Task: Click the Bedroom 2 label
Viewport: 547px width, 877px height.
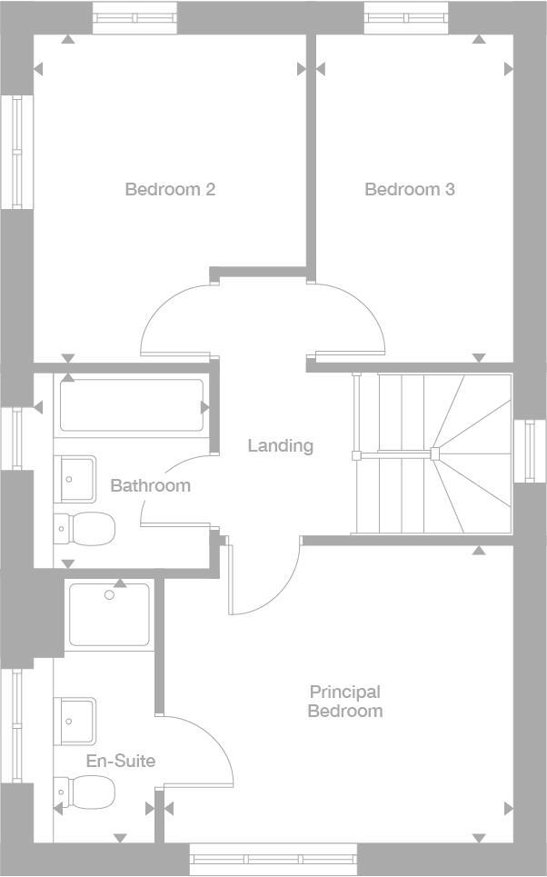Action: (x=170, y=189)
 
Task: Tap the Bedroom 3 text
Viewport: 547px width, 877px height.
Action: (x=410, y=189)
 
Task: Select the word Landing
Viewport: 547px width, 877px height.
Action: (x=281, y=445)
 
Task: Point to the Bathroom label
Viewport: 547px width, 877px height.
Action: (x=150, y=485)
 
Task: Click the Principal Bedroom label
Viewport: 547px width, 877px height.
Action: (x=344, y=702)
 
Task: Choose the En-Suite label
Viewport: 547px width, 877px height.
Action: (x=120, y=761)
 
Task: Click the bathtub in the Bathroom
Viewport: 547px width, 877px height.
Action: (x=131, y=406)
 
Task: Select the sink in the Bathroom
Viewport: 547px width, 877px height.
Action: (x=78, y=478)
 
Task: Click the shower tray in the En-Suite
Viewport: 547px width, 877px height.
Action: (x=109, y=614)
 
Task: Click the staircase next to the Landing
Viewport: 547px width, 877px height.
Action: (x=432, y=453)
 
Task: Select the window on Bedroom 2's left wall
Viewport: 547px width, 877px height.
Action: (x=16, y=151)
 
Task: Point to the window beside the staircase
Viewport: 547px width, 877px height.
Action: (x=529, y=451)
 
